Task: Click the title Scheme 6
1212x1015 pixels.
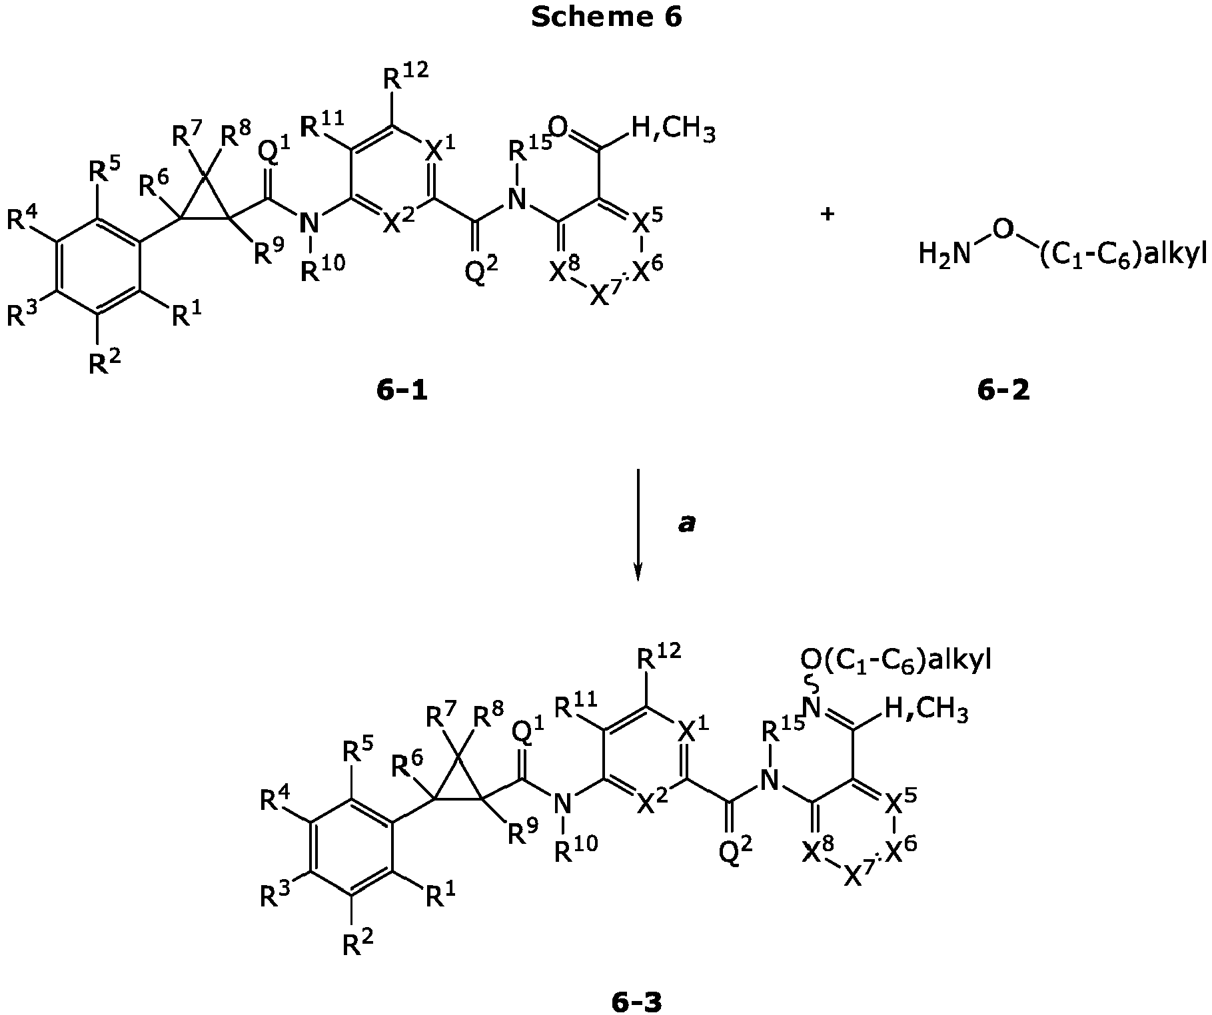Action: point(606,17)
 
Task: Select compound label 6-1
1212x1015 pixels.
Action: point(402,391)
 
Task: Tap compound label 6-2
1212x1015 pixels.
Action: point(1003,391)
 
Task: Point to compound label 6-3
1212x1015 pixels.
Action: point(636,1001)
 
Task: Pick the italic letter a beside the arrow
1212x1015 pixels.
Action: point(686,524)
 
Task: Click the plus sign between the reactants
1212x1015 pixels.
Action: point(828,215)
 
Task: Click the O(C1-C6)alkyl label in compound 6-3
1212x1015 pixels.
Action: point(896,660)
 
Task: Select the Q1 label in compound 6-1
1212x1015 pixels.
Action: point(274,152)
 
